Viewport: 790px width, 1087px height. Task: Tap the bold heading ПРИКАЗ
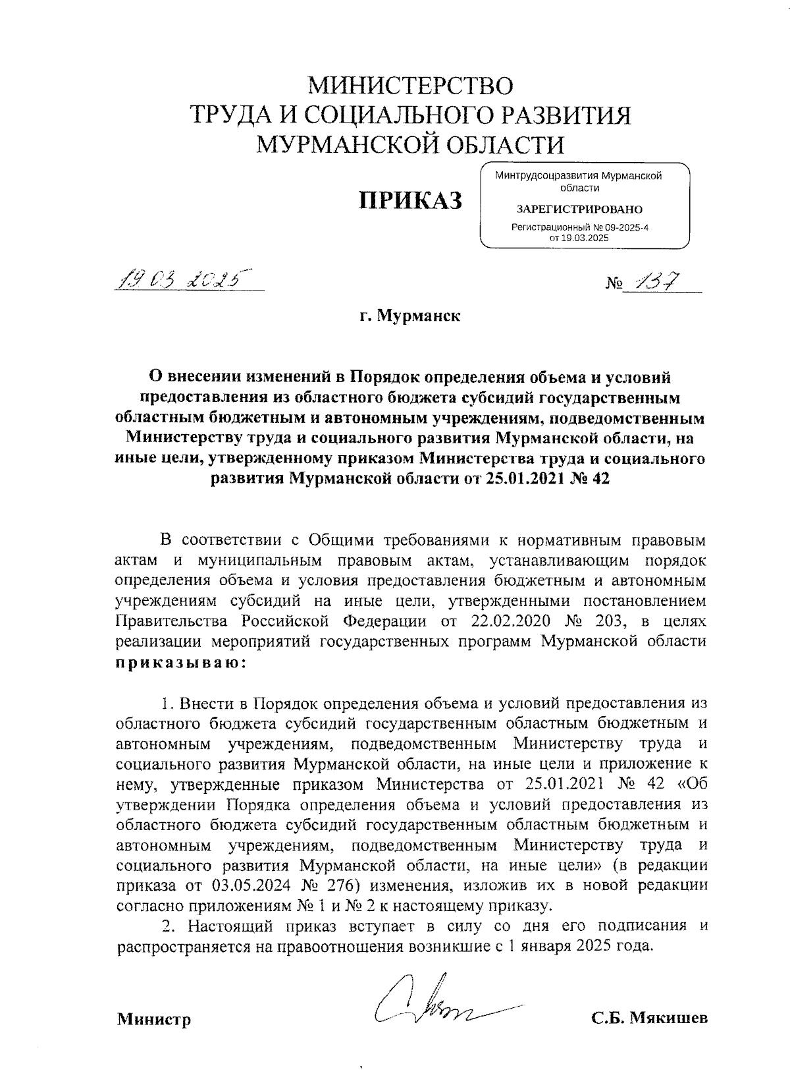(x=409, y=200)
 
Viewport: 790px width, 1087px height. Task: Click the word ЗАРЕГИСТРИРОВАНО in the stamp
(x=579, y=209)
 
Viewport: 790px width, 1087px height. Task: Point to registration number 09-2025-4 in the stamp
(x=621, y=227)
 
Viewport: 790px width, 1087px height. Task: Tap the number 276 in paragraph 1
(x=359, y=885)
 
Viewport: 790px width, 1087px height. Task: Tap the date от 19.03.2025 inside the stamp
(x=579, y=238)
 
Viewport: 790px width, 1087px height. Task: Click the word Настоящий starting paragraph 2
(x=230, y=926)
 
